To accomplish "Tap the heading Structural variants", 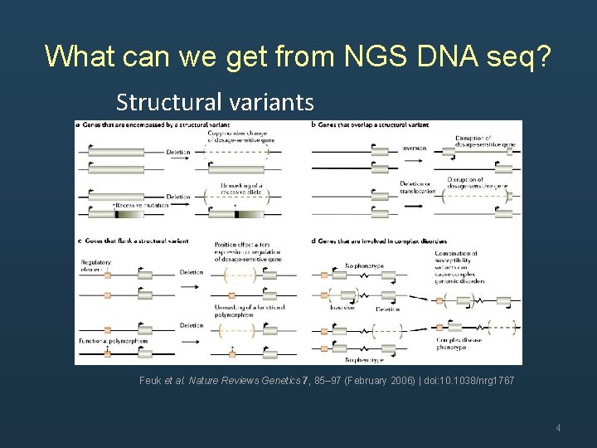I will [215, 102].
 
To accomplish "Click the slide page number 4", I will [558, 428].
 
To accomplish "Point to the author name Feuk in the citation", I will [150, 380].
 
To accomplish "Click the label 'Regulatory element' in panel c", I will [96, 265].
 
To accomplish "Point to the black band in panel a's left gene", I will [117, 213].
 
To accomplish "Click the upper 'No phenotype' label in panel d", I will [362, 265].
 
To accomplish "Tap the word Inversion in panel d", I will [342, 307].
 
